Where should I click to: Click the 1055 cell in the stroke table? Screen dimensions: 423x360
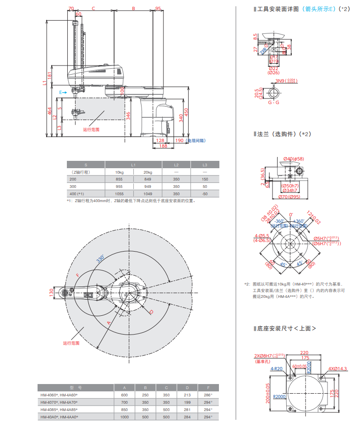pos(119,194)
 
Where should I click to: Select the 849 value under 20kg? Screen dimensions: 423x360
pos(147,179)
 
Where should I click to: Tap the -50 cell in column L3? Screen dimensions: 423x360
pos(205,194)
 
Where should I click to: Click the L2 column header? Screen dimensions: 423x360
pos(176,164)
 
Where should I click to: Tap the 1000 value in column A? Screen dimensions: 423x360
pos(124,417)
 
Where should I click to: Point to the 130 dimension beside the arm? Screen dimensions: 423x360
pos(51,293)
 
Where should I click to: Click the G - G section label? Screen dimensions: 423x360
pos(273,103)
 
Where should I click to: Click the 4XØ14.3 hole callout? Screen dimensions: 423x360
pos(338,368)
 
